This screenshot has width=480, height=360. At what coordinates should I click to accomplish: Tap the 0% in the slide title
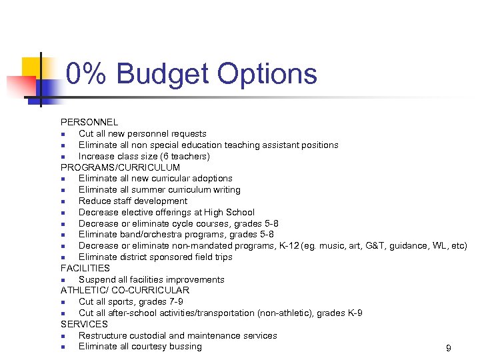pos(85,74)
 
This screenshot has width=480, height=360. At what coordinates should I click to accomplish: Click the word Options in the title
pos(270,74)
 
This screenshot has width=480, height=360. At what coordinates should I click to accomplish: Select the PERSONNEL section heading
pos(89,123)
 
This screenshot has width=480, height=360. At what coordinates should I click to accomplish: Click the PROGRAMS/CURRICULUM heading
pos(120,167)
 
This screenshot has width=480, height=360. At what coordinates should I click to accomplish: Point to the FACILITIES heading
pos(85,268)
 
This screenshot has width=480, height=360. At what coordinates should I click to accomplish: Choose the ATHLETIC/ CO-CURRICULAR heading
pos(125,291)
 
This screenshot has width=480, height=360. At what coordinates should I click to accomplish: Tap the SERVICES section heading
pos(84,324)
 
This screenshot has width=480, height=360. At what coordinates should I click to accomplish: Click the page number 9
pos(449,348)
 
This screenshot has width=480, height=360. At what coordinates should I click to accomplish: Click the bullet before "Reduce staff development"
pos(62,201)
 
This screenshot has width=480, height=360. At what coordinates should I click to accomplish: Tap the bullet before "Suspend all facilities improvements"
pos(62,280)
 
